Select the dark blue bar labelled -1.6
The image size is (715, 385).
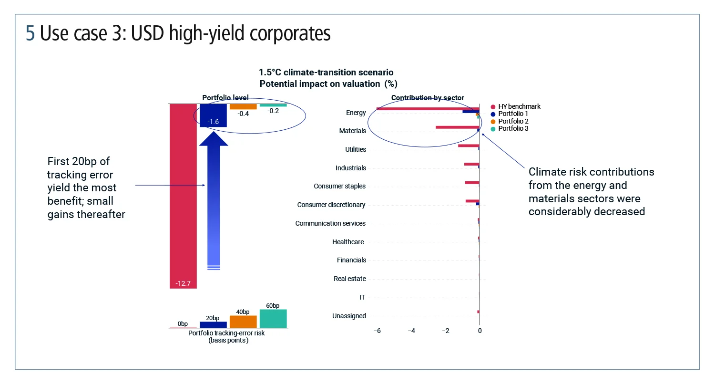pos(213,115)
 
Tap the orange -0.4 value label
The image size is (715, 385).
pos(243,114)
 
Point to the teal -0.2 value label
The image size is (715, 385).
pos(273,111)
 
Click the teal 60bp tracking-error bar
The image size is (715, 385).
pos(273,318)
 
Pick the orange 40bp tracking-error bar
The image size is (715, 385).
pos(243,322)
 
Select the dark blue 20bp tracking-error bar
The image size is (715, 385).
pos(213,324)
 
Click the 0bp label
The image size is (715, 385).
pos(183,323)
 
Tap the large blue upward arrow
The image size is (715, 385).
pos(213,200)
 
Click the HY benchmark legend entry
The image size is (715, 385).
pos(519,107)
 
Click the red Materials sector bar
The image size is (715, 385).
pos(457,127)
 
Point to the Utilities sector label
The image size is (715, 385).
pos(356,150)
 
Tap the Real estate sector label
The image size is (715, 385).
pos(350,279)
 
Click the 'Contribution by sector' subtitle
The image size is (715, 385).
pos(428,98)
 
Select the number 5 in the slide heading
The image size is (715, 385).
pos(31,34)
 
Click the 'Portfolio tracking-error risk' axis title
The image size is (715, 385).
pos(226,333)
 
